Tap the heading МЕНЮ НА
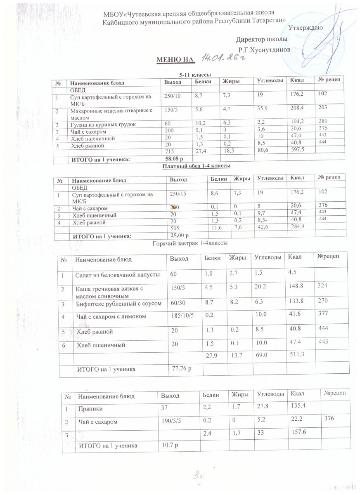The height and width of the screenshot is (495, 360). click(174, 61)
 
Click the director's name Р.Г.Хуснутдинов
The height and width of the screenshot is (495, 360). click(268, 49)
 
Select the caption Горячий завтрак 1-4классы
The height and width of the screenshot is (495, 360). click(191, 244)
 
